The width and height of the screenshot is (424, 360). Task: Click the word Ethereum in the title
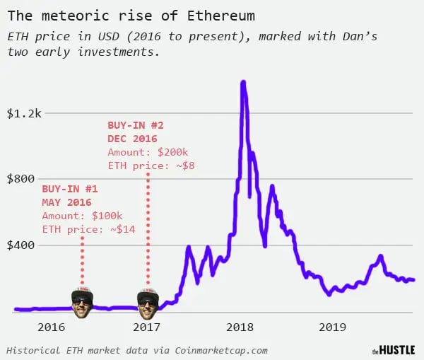pyautogui.click(x=219, y=15)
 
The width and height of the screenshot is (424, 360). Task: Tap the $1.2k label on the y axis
pyautogui.click(x=23, y=113)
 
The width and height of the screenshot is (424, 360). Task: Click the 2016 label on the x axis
pyautogui.click(x=51, y=327)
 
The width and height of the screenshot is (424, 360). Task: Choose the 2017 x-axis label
pyautogui.click(x=146, y=327)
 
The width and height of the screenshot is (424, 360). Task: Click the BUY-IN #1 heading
pyautogui.click(x=69, y=190)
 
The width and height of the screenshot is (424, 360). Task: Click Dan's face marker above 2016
pyautogui.click(x=82, y=299)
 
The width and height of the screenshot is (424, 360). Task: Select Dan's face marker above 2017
pyautogui.click(x=148, y=299)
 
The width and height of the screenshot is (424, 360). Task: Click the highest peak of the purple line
pyautogui.click(x=243, y=83)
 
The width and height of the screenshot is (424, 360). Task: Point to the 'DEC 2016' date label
pyautogui.click(x=132, y=139)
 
